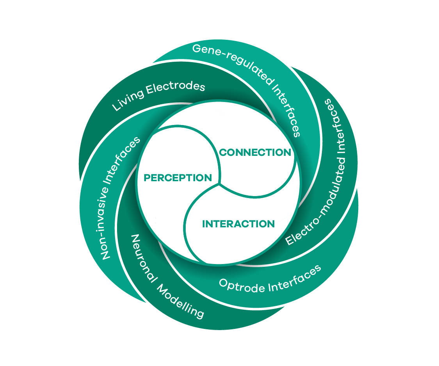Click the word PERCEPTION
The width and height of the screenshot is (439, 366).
pos(178,178)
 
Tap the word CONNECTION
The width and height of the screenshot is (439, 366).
pos(255,152)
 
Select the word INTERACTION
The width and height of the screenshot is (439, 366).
pos(238,224)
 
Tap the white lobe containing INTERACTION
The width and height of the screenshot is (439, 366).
pos(234,242)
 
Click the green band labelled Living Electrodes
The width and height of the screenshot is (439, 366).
pos(101,129)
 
